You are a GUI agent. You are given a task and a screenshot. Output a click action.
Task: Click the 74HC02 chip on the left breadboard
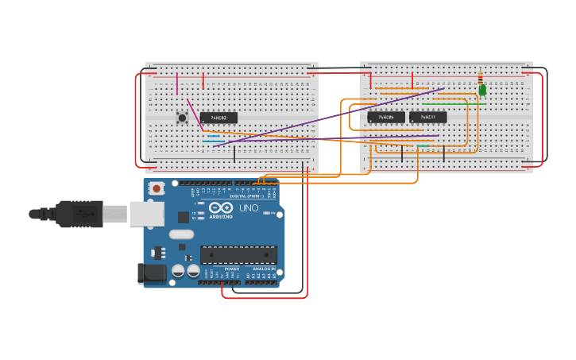point(218,118)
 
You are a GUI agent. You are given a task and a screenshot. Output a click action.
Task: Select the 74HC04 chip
point(386,118)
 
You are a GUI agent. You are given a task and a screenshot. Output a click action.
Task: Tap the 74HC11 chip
point(427,118)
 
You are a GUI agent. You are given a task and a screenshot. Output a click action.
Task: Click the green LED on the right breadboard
point(482,91)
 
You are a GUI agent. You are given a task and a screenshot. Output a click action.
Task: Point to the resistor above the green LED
point(480,77)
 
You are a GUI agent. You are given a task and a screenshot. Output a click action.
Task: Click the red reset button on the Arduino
point(157,188)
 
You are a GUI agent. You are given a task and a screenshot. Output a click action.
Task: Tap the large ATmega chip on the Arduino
point(238,255)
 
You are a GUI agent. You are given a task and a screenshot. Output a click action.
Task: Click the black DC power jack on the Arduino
point(152,273)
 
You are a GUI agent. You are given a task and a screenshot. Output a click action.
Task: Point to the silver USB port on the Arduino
point(146,213)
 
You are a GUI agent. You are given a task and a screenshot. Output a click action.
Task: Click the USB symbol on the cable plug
point(82,213)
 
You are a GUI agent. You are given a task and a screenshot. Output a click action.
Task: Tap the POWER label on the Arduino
point(231,269)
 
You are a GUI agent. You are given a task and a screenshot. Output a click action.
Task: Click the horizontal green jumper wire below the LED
point(443,103)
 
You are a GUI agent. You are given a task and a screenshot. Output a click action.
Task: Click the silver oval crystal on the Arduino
point(181,234)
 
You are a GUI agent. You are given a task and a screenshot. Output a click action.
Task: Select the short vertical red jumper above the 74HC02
point(203,81)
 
